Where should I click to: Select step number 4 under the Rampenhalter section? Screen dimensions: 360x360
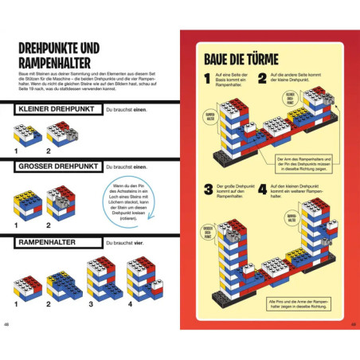point(129,303)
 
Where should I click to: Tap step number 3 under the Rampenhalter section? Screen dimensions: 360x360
point(89,303)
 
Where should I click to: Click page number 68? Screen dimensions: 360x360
point(7,323)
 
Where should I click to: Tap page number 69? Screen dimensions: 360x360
point(352,323)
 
